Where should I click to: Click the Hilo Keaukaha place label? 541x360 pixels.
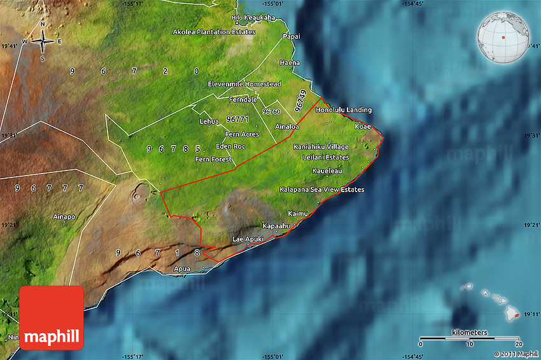pos(253,18)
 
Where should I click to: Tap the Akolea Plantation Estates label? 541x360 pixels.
pos(214,32)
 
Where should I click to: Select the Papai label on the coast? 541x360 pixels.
pos(292,36)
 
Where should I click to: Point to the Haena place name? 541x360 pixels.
pos(289,63)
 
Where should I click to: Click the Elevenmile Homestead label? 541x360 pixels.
pos(244,84)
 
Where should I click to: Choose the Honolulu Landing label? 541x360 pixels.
pos(344,110)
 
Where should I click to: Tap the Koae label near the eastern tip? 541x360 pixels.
pos(363,127)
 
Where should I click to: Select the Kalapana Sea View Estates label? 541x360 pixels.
pos(322,190)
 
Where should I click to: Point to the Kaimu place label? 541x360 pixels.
pos(297,214)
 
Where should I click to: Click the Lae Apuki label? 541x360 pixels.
pos(248,239)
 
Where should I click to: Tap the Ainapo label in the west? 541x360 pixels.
pos(65,217)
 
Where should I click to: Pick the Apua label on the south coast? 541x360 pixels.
pos(182,270)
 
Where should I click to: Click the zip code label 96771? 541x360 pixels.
pos(237,119)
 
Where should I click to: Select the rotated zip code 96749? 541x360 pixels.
pos(301,99)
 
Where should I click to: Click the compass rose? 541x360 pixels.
pos(43,42)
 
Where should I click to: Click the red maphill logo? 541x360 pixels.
pos(52,317)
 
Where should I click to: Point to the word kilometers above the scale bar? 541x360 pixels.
pos(470,333)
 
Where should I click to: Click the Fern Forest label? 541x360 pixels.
pos(214,159)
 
